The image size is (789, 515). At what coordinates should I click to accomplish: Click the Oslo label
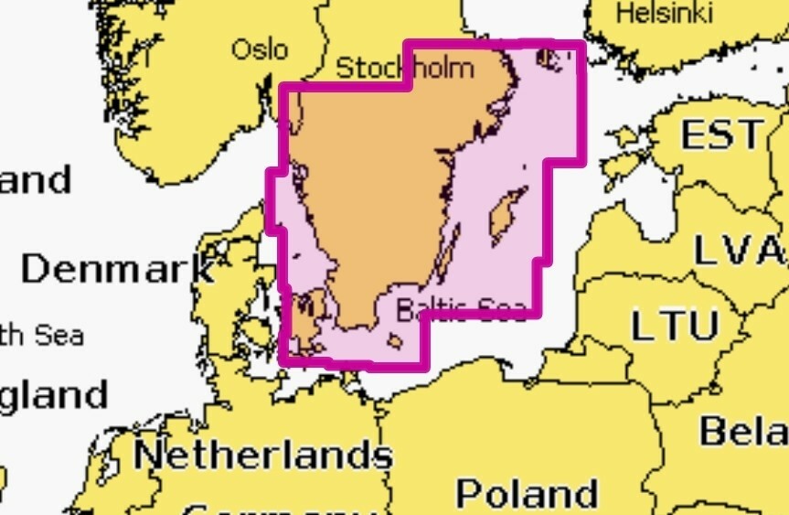(x=260, y=48)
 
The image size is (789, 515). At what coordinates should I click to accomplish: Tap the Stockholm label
(x=405, y=68)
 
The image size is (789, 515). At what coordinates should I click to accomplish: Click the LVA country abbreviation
(x=739, y=249)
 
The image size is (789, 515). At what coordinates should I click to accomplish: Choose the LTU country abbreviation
(x=675, y=325)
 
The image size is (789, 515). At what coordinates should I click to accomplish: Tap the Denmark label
(x=117, y=269)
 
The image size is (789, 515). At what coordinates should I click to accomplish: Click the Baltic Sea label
(x=462, y=310)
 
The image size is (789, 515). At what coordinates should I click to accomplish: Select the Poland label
(x=528, y=493)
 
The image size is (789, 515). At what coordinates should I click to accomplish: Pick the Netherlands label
(x=263, y=454)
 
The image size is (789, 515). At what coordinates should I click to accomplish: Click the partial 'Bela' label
(x=743, y=430)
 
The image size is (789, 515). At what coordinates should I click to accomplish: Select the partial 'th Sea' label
(x=41, y=335)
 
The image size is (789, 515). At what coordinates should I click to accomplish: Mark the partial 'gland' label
(x=53, y=395)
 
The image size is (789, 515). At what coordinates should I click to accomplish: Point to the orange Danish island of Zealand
(x=307, y=320)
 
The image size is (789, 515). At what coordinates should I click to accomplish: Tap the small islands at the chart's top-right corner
(x=550, y=58)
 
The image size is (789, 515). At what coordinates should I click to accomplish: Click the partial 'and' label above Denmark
(x=35, y=180)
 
